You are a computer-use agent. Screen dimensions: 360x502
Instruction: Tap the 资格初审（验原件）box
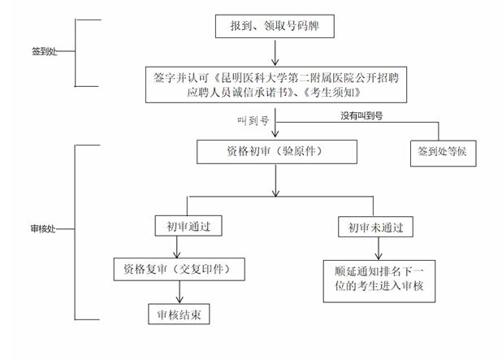pos(277,151)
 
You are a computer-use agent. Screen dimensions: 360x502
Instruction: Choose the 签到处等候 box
pos(439,152)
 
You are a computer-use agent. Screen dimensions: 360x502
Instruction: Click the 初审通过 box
pos(188,226)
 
